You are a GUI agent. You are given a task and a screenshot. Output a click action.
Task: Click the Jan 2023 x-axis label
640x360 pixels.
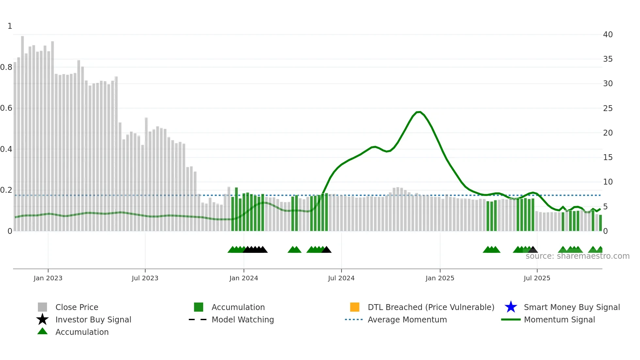click(x=48, y=278)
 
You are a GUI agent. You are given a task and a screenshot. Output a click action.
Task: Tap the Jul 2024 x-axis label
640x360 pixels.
click(x=341, y=278)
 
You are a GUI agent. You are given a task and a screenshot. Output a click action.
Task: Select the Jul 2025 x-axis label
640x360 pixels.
click(x=537, y=278)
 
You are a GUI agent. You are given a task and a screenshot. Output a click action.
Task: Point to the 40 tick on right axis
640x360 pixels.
click(x=608, y=34)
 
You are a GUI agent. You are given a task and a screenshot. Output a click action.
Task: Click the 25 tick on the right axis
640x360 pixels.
click(x=608, y=108)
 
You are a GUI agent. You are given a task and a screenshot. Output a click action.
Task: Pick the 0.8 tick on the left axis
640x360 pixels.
click(x=6, y=67)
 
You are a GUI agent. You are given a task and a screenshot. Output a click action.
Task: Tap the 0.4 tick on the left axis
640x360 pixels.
click(x=6, y=149)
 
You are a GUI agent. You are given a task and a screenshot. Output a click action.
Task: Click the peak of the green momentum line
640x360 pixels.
click(x=419, y=112)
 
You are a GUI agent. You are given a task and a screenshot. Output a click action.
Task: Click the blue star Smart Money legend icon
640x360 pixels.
click(x=511, y=307)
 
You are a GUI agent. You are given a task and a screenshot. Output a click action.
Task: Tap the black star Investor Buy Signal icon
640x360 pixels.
click(x=42, y=319)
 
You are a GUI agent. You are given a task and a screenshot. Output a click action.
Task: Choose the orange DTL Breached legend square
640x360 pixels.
click(x=355, y=307)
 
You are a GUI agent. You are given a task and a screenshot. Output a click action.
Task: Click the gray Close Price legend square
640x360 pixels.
click(x=42, y=307)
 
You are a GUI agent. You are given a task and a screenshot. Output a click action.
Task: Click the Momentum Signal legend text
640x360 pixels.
click(x=559, y=319)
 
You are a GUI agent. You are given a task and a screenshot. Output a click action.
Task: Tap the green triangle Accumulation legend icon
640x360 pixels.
click(x=42, y=332)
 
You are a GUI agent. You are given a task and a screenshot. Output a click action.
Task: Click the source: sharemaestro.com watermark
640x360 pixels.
click(x=577, y=256)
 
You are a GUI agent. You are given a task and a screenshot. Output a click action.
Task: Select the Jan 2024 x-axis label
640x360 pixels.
click(x=244, y=278)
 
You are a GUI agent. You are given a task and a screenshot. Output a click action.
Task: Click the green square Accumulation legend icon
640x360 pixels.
click(x=199, y=307)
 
